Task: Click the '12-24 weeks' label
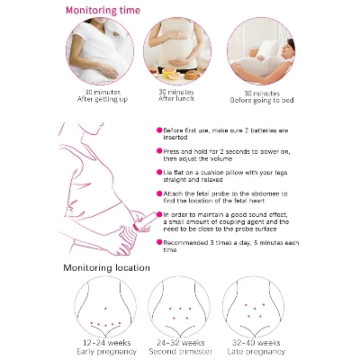pyautogui.click(x=107, y=342)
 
